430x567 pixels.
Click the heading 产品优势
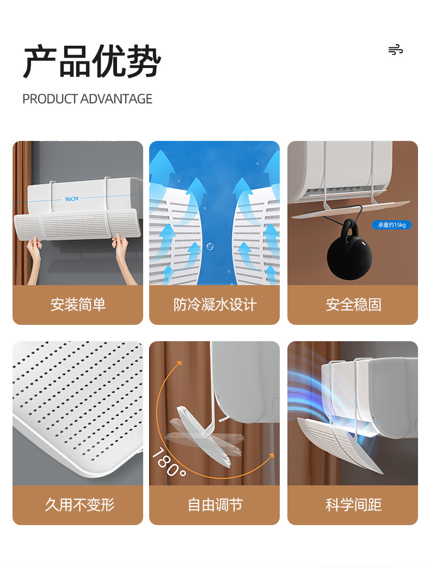click(92, 61)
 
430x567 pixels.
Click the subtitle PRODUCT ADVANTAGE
click(87, 99)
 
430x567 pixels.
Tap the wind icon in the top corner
click(396, 50)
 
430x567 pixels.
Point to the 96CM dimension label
click(72, 199)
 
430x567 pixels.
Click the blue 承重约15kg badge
click(392, 225)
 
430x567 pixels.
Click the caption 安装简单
click(78, 305)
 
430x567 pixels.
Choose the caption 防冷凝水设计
click(215, 305)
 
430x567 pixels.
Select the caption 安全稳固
click(353, 305)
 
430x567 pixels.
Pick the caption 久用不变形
click(79, 505)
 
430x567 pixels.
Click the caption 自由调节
click(215, 505)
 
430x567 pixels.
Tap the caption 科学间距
click(353, 505)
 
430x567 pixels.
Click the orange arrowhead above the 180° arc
click(179, 364)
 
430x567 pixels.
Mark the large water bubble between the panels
click(210, 246)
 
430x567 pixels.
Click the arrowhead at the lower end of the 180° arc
click(271, 456)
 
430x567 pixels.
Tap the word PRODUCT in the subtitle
click(50, 99)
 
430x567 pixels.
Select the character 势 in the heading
click(144, 61)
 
